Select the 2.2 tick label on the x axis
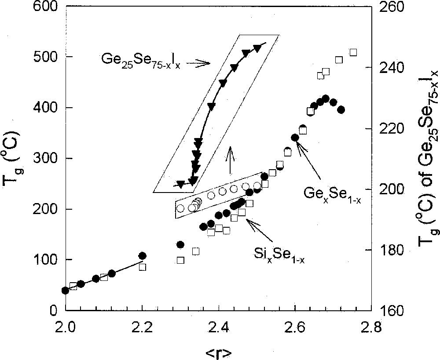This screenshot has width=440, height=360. pos(142,327)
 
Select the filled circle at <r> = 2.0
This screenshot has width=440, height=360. pos(66,291)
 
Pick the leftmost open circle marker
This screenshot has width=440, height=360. pos(180,208)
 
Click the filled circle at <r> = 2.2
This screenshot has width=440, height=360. pos(142,256)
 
